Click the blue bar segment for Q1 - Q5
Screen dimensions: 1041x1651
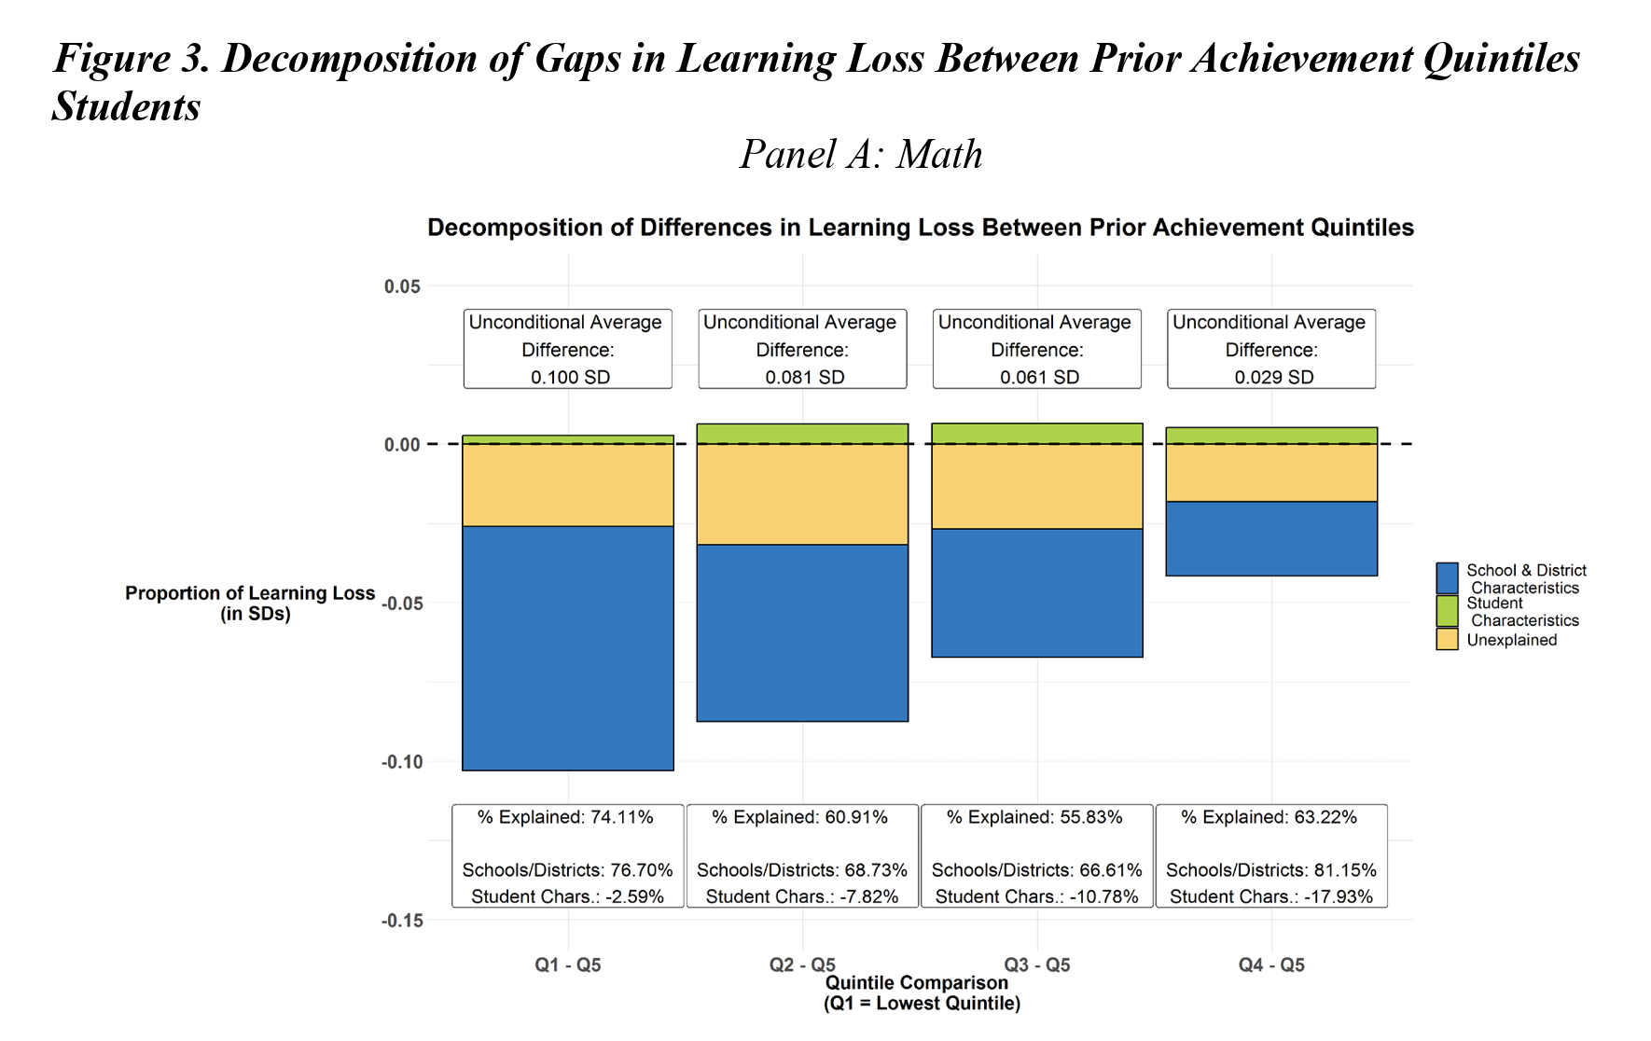coord(567,647)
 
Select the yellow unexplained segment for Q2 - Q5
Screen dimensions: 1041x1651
coord(802,493)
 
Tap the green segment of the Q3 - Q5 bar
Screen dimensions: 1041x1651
coord(1036,434)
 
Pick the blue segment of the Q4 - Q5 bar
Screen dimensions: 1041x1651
coord(1270,538)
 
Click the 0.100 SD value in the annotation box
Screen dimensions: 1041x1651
coord(570,377)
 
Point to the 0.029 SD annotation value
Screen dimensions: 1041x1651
coord(1273,377)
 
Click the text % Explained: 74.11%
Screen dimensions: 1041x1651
coord(565,817)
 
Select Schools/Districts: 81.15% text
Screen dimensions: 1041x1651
coord(1270,869)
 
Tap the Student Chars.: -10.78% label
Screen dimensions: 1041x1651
coord(1036,896)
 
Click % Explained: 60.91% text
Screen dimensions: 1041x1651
coord(799,817)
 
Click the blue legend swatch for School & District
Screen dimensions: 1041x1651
coord(1447,578)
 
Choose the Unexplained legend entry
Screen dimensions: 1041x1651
coord(1511,640)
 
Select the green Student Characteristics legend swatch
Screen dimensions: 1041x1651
coord(1447,611)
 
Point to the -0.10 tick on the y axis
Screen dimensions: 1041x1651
coord(401,762)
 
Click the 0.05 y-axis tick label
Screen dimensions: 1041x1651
coord(402,286)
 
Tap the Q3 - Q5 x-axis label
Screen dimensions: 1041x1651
coord(1036,965)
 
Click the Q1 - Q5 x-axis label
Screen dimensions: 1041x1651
coord(567,965)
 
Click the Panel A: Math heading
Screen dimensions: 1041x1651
coord(860,155)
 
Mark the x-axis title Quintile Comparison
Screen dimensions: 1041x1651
coord(916,983)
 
